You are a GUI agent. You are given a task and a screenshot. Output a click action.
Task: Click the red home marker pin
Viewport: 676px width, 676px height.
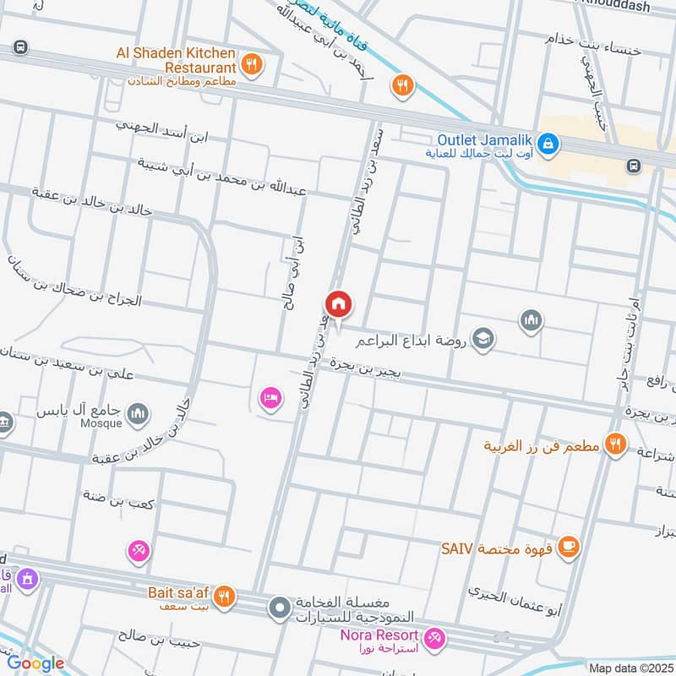pos(339,305)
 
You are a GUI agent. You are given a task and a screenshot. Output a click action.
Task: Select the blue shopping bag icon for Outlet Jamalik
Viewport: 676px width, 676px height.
pos(549,144)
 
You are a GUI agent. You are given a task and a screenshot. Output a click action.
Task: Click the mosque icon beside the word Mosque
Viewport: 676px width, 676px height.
pos(138,414)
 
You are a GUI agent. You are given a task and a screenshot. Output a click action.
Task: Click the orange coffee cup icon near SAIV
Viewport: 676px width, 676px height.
pos(570,548)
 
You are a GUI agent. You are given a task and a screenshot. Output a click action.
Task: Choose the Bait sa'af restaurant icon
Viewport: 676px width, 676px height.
pos(224,597)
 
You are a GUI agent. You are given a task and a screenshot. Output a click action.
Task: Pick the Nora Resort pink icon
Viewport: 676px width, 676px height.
pos(435,640)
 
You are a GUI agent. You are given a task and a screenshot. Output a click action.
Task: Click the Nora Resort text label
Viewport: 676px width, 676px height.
pos(379,635)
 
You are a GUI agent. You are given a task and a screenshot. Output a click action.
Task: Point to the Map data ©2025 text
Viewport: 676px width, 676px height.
pos(630,668)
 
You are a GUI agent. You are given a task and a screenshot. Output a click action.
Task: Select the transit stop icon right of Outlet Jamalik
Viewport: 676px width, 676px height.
pos(634,166)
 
